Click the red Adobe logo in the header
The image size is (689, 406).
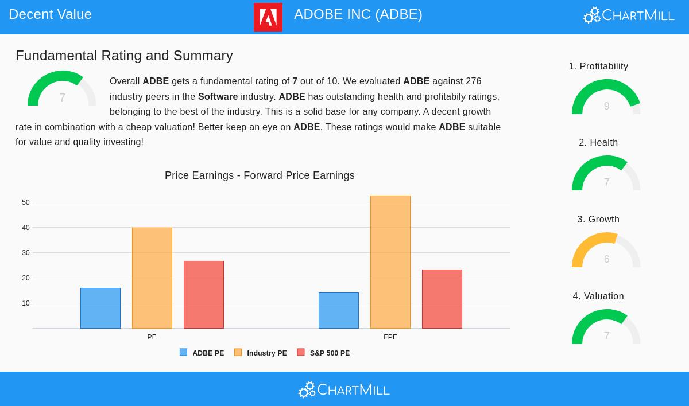click(268, 17)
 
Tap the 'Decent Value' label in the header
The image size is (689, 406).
click(50, 14)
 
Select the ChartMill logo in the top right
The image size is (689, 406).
click(629, 15)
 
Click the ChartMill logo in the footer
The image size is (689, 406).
click(344, 390)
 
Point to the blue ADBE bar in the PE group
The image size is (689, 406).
click(100, 308)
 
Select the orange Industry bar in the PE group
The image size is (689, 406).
click(152, 278)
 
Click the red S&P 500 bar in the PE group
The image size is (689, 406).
click(204, 295)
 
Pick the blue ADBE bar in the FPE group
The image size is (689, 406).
click(339, 310)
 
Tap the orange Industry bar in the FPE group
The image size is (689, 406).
click(390, 262)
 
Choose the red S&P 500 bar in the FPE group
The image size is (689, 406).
click(442, 299)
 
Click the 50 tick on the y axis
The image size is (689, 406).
click(26, 202)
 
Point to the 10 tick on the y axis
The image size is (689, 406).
click(26, 303)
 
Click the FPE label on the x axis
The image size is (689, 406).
click(390, 337)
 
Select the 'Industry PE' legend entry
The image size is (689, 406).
click(261, 353)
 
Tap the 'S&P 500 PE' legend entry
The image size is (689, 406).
click(324, 353)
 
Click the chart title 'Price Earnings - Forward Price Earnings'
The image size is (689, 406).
click(260, 175)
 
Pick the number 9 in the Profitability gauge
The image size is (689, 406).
click(606, 106)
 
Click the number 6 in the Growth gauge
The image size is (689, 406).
click(606, 259)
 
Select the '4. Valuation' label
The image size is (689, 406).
click(598, 296)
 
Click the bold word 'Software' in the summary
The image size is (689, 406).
click(218, 96)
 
